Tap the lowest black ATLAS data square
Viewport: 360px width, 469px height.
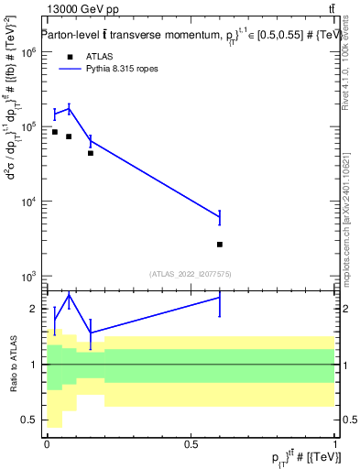pyautogui.click(x=220, y=245)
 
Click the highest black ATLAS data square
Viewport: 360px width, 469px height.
pyautogui.click(x=55, y=132)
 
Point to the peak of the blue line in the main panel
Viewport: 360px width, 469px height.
pyautogui.click(x=69, y=108)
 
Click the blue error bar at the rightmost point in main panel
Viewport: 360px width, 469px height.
pyautogui.click(x=220, y=217)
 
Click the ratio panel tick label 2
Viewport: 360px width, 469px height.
pyautogui.click(x=35, y=309)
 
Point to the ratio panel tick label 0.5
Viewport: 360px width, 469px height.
pyautogui.click(x=30, y=420)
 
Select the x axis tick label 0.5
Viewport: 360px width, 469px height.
pyautogui.click(x=191, y=444)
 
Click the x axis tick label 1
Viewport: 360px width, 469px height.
pyautogui.click(x=335, y=444)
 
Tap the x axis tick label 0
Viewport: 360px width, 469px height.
pyautogui.click(x=47, y=444)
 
